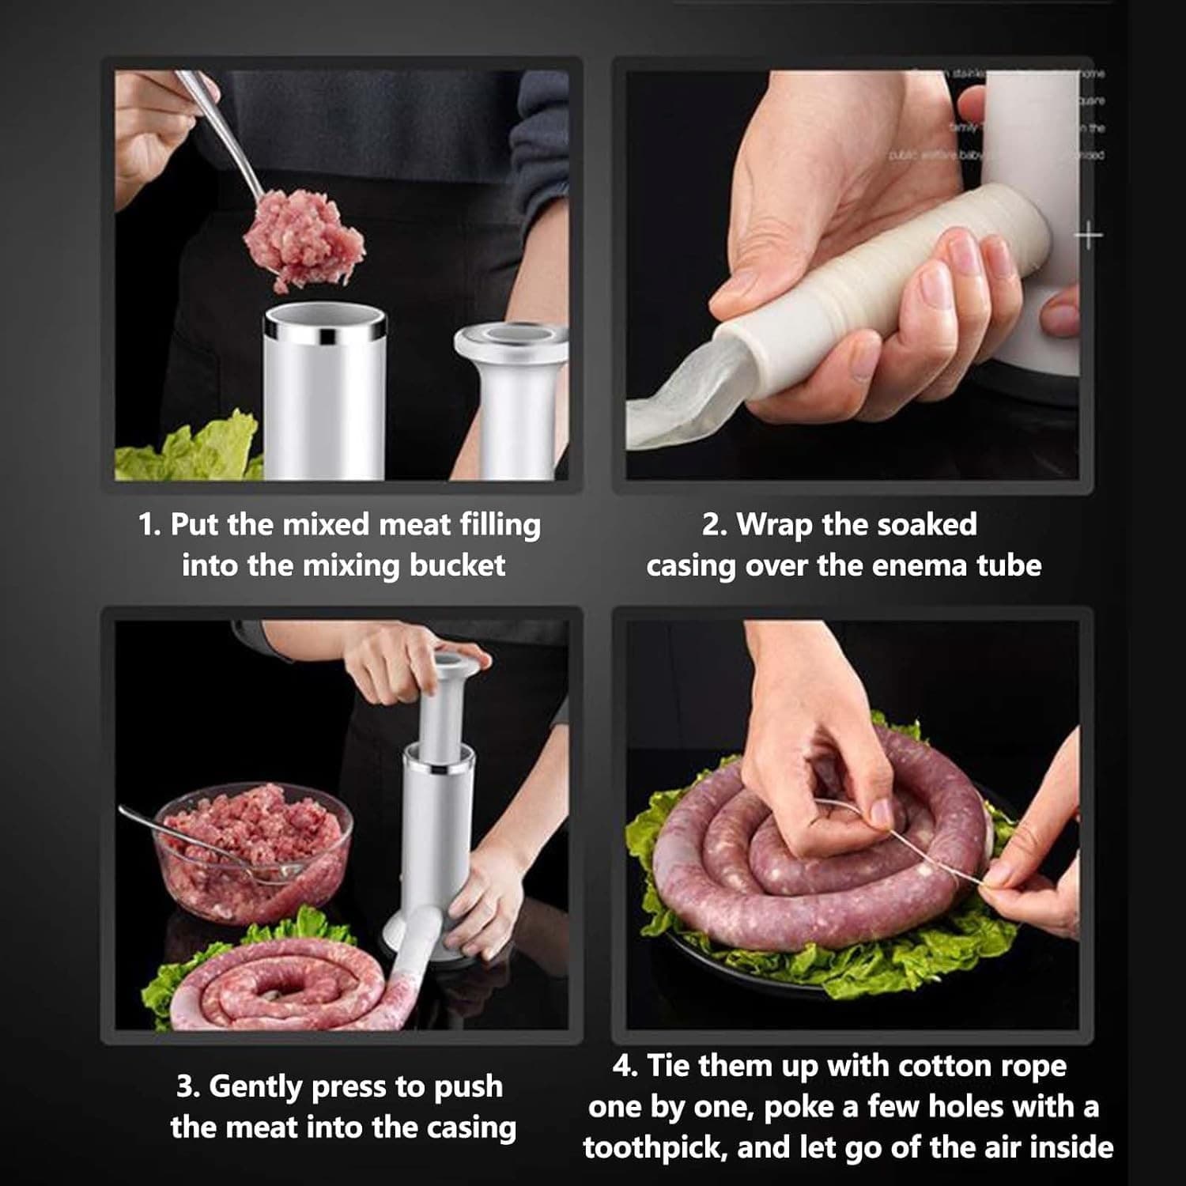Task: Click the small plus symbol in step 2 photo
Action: coord(1089,235)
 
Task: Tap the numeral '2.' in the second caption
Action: coord(715,525)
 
